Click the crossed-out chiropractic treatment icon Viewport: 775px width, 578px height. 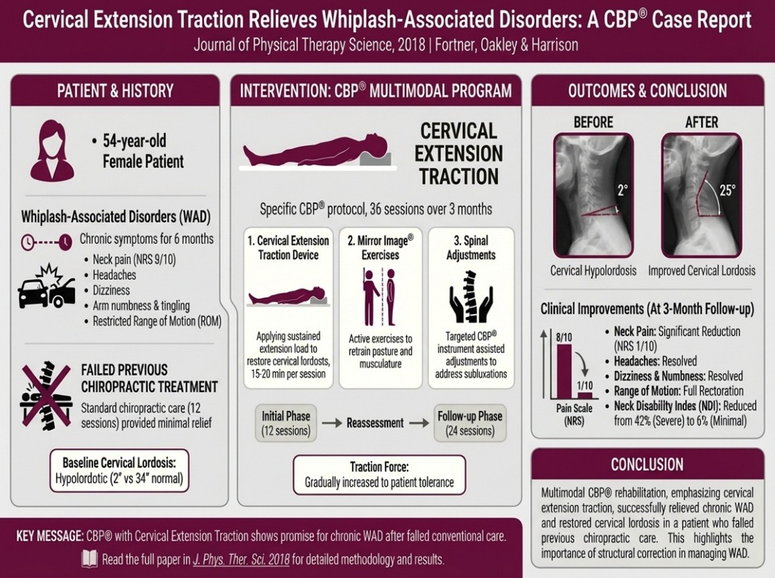pyautogui.click(x=46, y=395)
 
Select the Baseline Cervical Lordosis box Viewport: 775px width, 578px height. pyautogui.click(x=119, y=470)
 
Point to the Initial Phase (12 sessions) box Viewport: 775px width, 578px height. pyautogui.click(x=286, y=423)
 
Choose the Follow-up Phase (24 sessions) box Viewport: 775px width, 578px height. pyautogui.click(x=470, y=423)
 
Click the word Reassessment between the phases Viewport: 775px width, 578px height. pyautogui.click(x=375, y=423)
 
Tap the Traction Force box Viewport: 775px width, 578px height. pyautogui.click(x=379, y=474)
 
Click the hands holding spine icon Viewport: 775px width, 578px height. pyautogui.click(x=471, y=296)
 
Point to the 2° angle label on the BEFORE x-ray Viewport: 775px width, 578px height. pyautogui.click(x=623, y=190)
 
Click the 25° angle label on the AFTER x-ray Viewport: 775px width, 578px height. pyautogui.click(x=727, y=190)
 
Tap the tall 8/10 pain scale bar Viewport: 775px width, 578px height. pyautogui.click(x=564, y=371)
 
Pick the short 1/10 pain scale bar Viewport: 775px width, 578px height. pyautogui.click(x=585, y=395)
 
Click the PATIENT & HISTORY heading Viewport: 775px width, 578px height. pyautogui.click(x=115, y=91)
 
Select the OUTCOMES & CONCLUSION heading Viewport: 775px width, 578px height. pyautogui.click(x=647, y=91)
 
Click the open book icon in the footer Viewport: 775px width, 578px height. pyautogui.click(x=90, y=559)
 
